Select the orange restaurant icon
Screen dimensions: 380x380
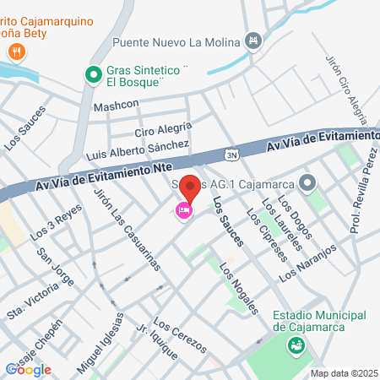(16, 52)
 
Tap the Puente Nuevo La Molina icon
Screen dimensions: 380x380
(252, 41)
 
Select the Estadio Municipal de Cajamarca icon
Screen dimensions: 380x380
(296, 345)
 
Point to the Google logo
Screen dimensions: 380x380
(28, 369)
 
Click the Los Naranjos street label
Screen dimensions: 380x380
(308, 263)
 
